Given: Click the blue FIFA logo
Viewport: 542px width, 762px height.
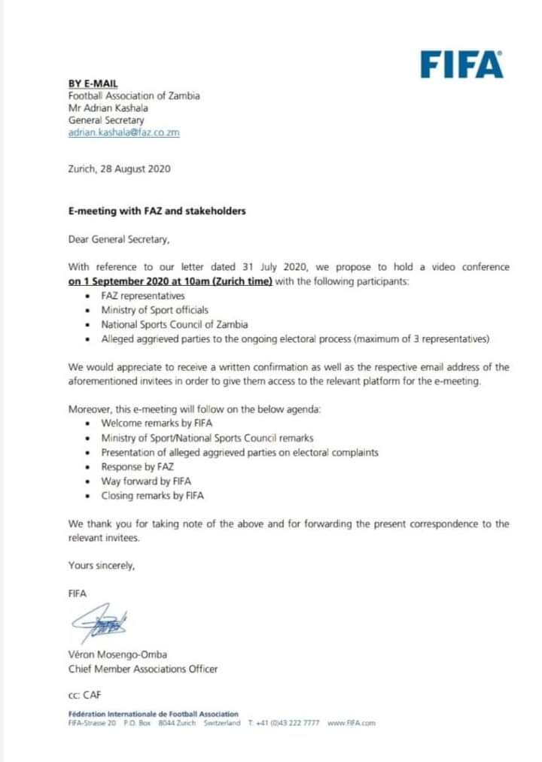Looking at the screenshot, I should pyautogui.click(x=461, y=65).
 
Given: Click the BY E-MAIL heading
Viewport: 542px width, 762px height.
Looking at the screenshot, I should pyautogui.click(x=93, y=83).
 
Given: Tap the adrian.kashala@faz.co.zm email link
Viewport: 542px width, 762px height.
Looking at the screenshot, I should pyautogui.click(x=123, y=132).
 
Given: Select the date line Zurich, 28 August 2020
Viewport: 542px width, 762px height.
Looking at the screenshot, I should pyautogui.click(x=119, y=168).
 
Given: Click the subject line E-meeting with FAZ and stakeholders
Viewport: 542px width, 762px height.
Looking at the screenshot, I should pyautogui.click(x=157, y=211).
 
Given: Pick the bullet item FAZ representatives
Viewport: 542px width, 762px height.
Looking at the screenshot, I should pyautogui.click(x=142, y=296).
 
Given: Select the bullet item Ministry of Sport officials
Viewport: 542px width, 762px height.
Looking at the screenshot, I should pyautogui.click(x=154, y=310).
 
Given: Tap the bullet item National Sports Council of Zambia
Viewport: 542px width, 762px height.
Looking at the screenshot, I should pyautogui.click(x=174, y=324).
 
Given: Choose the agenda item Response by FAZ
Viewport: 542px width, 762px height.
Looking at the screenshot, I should pyautogui.click(x=137, y=467).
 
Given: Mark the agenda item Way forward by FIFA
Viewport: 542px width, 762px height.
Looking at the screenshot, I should pyautogui.click(x=147, y=481).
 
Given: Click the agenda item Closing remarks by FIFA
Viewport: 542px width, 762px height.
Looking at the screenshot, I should pyautogui.click(x=152, y=496).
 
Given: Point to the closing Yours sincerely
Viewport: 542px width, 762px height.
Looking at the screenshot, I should pyautogui.click(x=102, y=566).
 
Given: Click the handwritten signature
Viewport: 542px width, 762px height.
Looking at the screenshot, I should pyautogui.click(x=99, y=624).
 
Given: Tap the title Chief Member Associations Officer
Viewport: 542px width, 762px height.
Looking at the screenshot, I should pyautogui.click(x=143, y=669).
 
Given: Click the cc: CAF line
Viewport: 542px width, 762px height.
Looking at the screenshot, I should pyautogui.click(x=84, y=697).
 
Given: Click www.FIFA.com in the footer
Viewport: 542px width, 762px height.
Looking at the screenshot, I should pyautogui.click(x=352, y=723).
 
